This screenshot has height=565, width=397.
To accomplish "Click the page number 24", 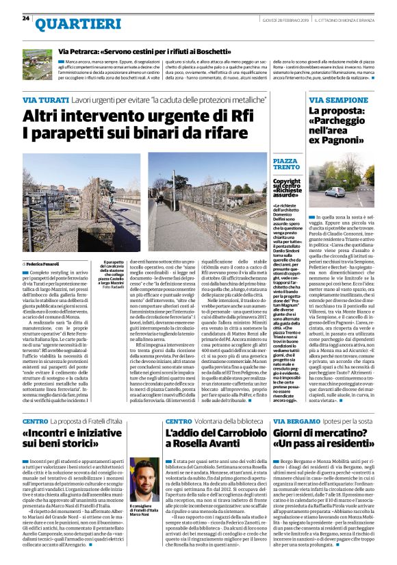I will pos(25,18).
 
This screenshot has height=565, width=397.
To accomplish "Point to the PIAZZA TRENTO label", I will pos(285,164).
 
